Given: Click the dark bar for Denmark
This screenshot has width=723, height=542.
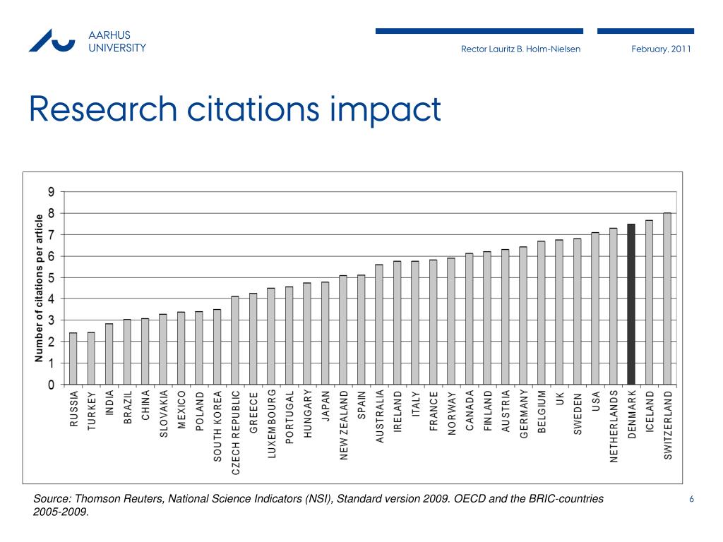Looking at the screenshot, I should pos(631,304).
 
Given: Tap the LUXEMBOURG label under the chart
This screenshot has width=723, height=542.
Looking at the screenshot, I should pos(271,423).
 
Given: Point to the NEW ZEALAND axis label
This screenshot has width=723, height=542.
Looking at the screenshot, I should pos(343,425).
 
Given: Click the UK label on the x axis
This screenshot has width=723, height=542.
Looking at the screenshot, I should pos(559,399).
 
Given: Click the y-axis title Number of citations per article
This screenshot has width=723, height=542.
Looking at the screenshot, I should pos(40,289).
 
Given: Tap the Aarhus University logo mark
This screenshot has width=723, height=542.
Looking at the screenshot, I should pos(52,40).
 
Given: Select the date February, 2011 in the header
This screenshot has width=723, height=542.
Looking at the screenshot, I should pos(662,49).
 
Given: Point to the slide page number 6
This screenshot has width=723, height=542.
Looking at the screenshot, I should pos(692,500).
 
